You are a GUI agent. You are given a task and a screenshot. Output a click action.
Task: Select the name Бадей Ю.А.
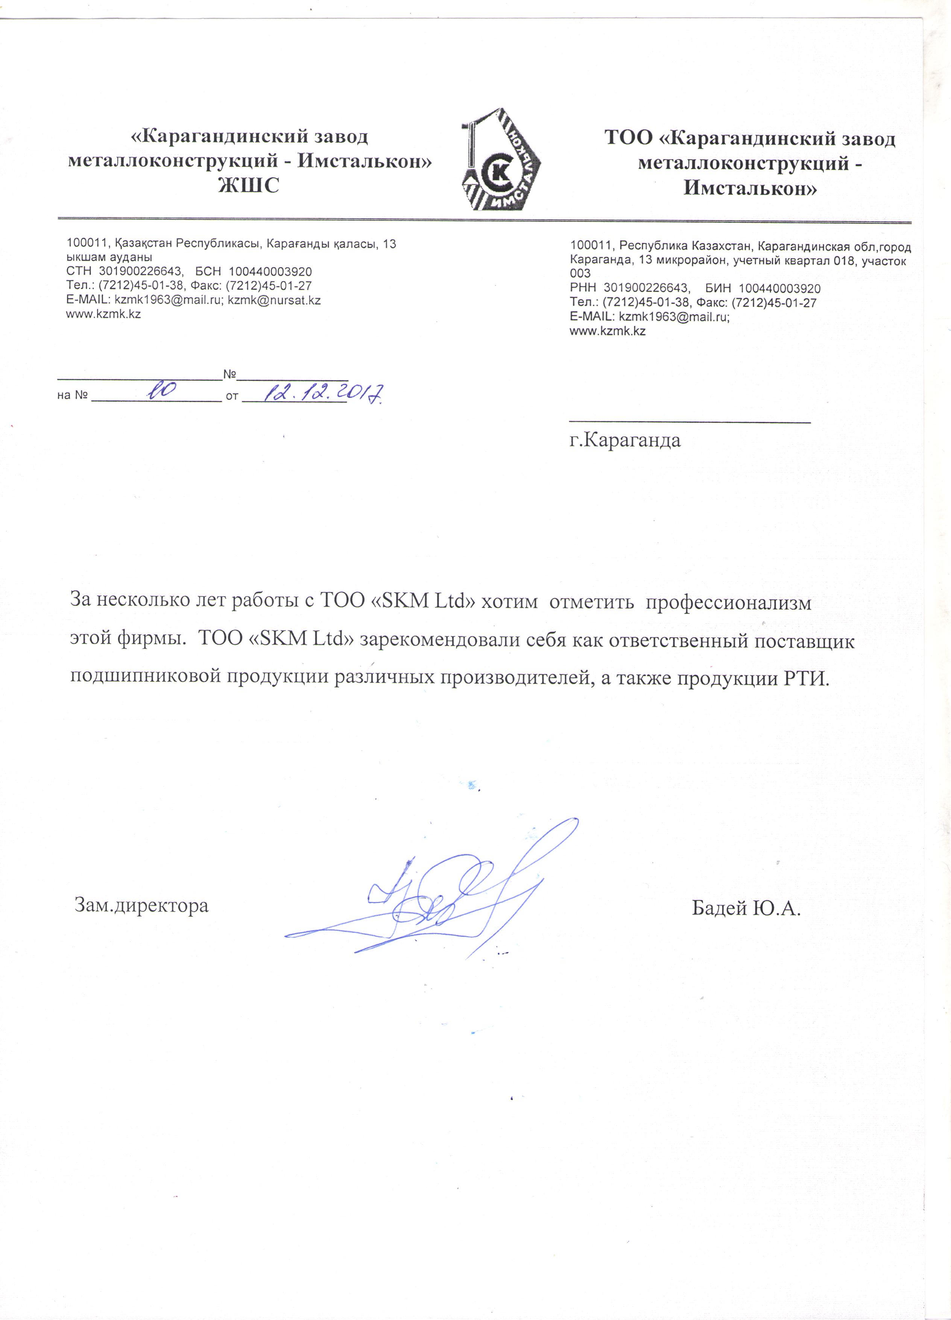coord(746,907)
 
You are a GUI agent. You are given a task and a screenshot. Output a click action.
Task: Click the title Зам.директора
coord(141,905)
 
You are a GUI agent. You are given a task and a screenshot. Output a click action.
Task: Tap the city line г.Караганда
coord(625,440)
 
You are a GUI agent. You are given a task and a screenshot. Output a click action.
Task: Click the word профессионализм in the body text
coord(729,602)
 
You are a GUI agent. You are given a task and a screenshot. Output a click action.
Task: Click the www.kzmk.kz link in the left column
coord(103,314)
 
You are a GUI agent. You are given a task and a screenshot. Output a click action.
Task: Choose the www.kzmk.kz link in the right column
coord(608,331)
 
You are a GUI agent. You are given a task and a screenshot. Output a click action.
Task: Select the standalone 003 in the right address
coord(580,274)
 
